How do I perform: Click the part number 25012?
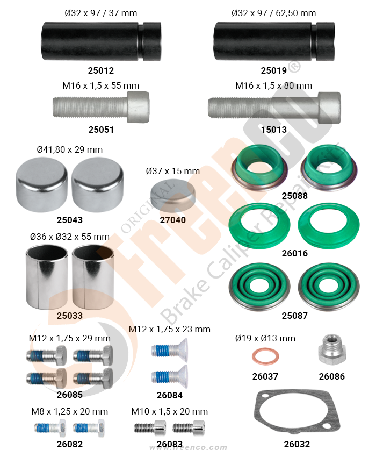[x=101, y=70]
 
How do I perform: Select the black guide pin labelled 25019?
[x=274, y=41]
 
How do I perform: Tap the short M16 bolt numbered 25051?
[x=101, y=107]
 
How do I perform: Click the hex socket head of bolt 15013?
[x=329, y=108]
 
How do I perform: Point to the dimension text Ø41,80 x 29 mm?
[x=70, y=149]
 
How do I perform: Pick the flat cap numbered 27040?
[x=173, y=193]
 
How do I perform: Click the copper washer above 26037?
[x=265, y=356]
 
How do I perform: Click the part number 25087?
[x=294, y=316]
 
